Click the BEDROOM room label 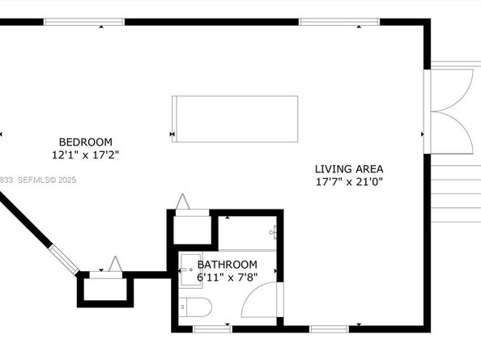(x=85, y=142)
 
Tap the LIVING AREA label (x=348, y=169)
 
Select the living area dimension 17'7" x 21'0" (x=348, y=182)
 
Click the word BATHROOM (x=228, y=265)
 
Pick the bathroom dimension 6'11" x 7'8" (x=228, y=277)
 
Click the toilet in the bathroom (x=195, y=308)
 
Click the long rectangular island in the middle (x=234, y=119)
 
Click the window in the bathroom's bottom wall (x=212, y=328)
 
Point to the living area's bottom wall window (x=329, y=328)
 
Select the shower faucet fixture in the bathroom (x=275, y=233)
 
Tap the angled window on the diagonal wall (x=66, y=258)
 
